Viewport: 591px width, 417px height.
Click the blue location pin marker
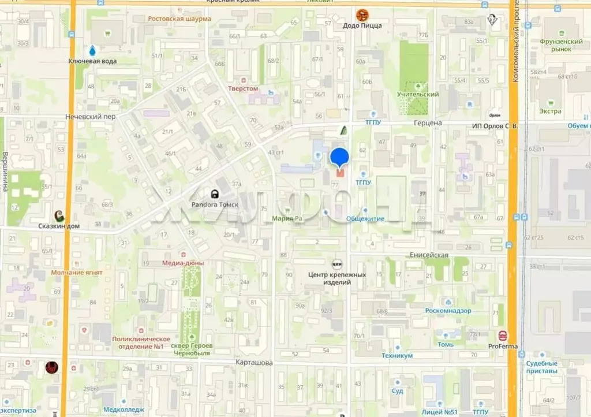339,157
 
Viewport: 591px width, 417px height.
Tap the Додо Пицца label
362,25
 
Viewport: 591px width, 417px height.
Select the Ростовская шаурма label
179,18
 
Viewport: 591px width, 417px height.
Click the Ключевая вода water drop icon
92,50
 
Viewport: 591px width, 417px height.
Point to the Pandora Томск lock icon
215,194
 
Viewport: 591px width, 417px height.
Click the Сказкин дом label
58,226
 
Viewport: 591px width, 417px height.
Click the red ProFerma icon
503,335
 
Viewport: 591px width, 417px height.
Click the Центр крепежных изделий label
337,278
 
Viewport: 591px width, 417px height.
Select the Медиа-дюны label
184,263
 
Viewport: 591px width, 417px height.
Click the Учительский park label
418,94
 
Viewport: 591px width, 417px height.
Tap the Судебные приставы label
542,367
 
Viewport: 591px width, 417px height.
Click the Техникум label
397,356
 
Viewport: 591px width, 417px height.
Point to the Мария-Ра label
287,219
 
